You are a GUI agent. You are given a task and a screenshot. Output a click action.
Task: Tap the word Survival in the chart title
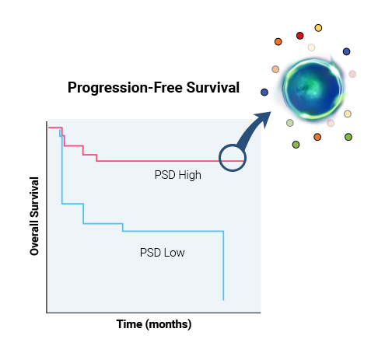click(x=213, y=87)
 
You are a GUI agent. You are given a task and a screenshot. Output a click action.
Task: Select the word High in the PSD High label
click(x=190, y=175)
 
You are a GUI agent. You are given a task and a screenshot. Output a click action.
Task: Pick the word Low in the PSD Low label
click(x=174, y=253)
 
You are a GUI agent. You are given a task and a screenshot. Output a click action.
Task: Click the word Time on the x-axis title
click(x=129, y=324)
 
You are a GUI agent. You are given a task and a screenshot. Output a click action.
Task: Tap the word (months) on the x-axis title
click(x=169, y=324)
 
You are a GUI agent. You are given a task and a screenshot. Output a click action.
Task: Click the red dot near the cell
click(x=299, y=36)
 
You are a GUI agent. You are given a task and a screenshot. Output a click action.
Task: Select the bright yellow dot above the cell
click(x=318, y=28)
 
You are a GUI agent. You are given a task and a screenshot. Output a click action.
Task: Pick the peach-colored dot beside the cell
click(x=275, y=69)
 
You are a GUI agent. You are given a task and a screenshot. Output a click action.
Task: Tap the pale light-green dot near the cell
click(x=290, y=123)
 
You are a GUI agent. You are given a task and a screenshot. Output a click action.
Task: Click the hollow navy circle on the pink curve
click(x=233, y=145)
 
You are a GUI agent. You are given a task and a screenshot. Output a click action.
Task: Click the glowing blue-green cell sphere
click(x=313, y=89)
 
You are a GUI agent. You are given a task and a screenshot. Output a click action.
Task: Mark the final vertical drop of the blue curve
click(x=223, y=265)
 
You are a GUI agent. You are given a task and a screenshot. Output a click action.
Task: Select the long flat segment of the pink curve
click(x=170, y=161)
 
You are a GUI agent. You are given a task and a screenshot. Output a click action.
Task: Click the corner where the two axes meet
click(x=47, y=313)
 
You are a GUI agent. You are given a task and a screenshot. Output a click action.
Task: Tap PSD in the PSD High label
click(x=165, y=175)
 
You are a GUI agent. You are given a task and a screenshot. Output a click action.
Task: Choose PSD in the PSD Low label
click(x=150, y=253)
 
